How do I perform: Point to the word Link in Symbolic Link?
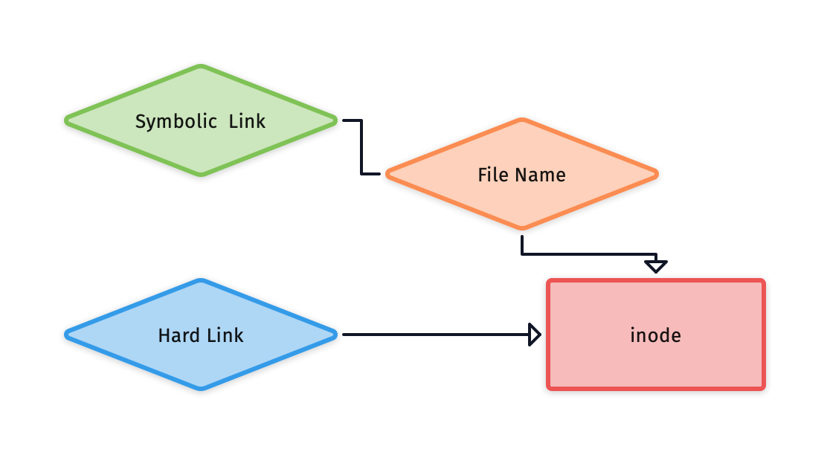tap(247, 121)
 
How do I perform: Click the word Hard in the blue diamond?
tap(176, 335)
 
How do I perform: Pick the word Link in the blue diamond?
tap(225, 335)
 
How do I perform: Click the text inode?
tap(655, 335)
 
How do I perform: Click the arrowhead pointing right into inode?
tap(534, 335)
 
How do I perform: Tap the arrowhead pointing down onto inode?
tap(655, 266)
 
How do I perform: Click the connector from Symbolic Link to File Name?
tap(361, 149)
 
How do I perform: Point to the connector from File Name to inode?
tap(588, 255)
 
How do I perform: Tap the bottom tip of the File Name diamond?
tap(521, 227)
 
